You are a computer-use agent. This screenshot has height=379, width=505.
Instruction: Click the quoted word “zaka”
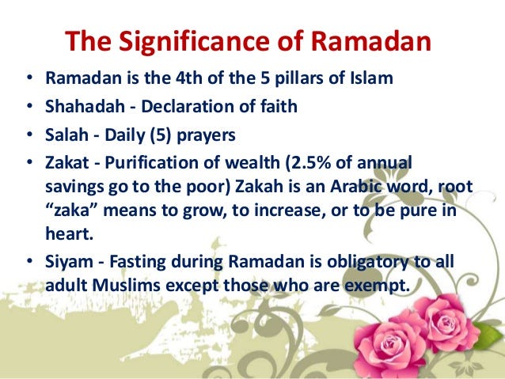point(70,203)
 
